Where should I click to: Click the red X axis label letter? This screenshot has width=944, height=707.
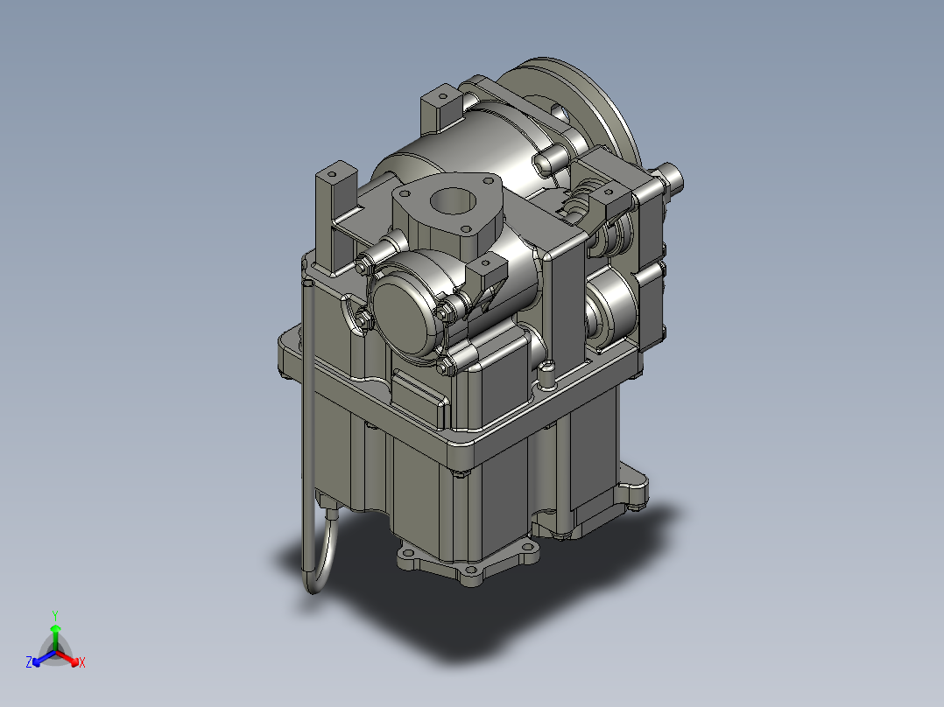pos(82,663)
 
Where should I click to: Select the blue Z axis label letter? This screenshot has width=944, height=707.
pos(29,663)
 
